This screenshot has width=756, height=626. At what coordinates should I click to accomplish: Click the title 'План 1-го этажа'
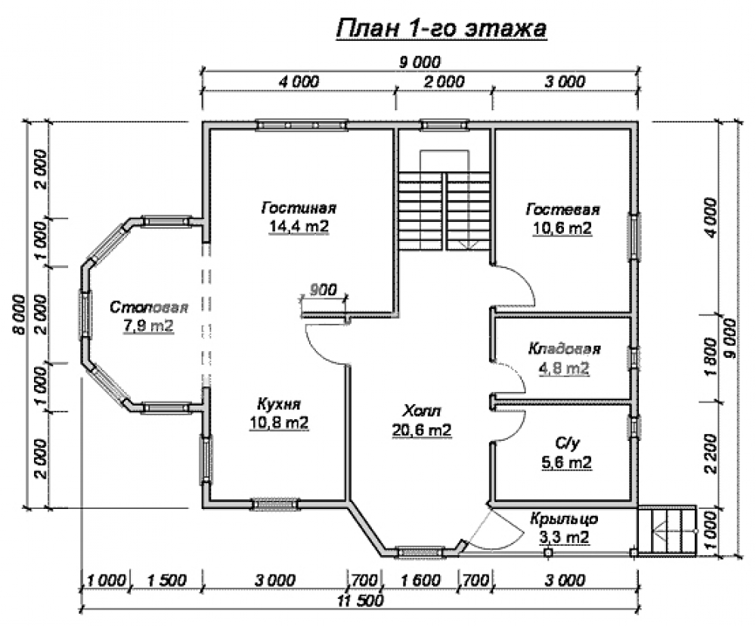(442, 28)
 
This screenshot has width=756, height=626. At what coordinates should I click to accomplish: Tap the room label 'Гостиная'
(299, 208)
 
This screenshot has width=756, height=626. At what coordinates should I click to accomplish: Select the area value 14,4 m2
(299, 227)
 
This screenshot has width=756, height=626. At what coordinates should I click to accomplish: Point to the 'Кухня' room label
(279, 403)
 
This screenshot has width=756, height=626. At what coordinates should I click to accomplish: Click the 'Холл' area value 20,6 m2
(422, 430)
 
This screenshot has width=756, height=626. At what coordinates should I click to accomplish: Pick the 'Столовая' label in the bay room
(149, 307)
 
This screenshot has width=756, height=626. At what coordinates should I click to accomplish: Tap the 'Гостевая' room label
(562, 210)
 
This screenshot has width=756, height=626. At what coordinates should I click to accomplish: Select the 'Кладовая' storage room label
(565, 349)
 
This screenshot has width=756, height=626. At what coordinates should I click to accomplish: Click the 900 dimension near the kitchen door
(323, 290)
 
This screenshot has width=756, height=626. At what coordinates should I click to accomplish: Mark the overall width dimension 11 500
(361, 600)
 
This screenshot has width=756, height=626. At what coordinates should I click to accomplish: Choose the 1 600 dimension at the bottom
(421, 580)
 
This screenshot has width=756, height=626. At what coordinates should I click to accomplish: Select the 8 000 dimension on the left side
(20, 314)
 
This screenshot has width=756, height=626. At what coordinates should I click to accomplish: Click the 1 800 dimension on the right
(711, 357)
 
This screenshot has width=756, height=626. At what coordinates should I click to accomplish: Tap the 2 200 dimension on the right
(711, 454)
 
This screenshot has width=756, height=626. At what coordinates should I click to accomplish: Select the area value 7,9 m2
(149, 326)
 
